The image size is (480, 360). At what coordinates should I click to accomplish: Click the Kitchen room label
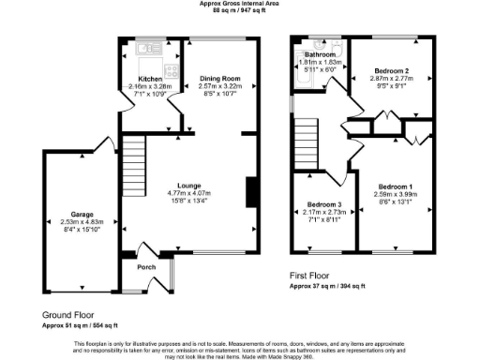pyautogui.click(x=150, y=80)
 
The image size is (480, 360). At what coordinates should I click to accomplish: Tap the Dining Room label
pyautogui.click(x=220, y=78)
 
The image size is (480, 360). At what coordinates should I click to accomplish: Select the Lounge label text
pyautogui.click(x=190, y=186)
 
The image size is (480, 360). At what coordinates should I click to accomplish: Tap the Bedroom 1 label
pyautogui.click(x=396, y=186)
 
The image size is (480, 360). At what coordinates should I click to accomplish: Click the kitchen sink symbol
pyautogui.click(x=147, y=47)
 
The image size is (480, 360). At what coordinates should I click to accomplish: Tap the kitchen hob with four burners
pyautogui.click(x=172, y=68)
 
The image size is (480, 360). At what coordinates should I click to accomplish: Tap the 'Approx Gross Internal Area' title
pyautogui.click(x=240, y=4)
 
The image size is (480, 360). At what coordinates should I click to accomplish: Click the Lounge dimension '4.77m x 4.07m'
pyautogui.click(x=190, y=193)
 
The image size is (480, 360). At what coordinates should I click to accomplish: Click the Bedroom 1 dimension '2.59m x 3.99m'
pyautogui.click(x=396, y=193)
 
